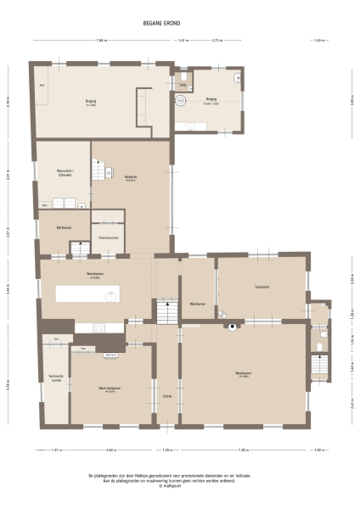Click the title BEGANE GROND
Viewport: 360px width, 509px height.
coord(179,25)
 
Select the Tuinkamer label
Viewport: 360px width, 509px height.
coord(262,287)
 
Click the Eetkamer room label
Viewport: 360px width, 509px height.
coord(131,177)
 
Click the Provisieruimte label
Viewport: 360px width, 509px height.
coord(108,238)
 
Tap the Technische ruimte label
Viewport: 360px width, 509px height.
coord(55,378)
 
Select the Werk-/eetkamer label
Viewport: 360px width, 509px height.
coord(108,389)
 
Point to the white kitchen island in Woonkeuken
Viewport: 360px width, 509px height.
coord(88,294)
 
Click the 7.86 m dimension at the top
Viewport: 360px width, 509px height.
coord(102,41)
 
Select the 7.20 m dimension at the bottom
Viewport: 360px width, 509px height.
coord(244,450)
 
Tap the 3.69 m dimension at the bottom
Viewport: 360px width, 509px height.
coord(111,450)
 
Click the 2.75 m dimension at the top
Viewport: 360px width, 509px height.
coord(217,41)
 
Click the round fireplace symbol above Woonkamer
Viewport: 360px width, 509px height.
coord(230,327)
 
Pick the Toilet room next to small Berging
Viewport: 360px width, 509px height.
coord(183,85)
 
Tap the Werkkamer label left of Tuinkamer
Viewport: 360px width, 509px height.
coord(198,304)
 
